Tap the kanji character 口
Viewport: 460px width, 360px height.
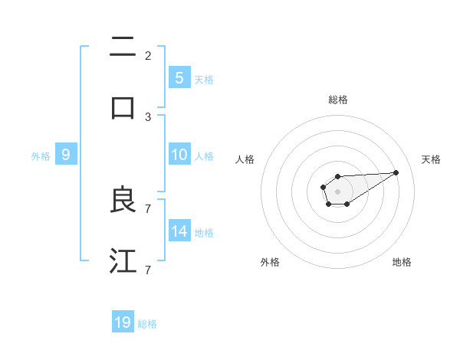123,107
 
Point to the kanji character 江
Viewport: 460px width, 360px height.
123,260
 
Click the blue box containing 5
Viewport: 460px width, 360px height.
179,77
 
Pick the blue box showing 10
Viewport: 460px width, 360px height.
179,154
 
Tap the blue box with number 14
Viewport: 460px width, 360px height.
179,231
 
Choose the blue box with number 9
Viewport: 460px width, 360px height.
66,154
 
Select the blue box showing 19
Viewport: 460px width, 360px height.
123,322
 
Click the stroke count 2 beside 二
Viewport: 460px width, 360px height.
148,55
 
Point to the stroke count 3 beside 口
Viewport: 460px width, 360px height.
148,116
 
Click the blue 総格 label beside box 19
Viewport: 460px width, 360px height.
147,324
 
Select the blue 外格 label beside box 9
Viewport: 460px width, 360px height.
41,156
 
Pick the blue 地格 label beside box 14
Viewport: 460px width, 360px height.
204,233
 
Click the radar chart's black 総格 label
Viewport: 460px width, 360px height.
337,100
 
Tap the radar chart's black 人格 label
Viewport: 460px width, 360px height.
245,159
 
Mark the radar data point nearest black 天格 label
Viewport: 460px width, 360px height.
396,172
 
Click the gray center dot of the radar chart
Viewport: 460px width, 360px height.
337,190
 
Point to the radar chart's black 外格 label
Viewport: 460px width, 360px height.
270,262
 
